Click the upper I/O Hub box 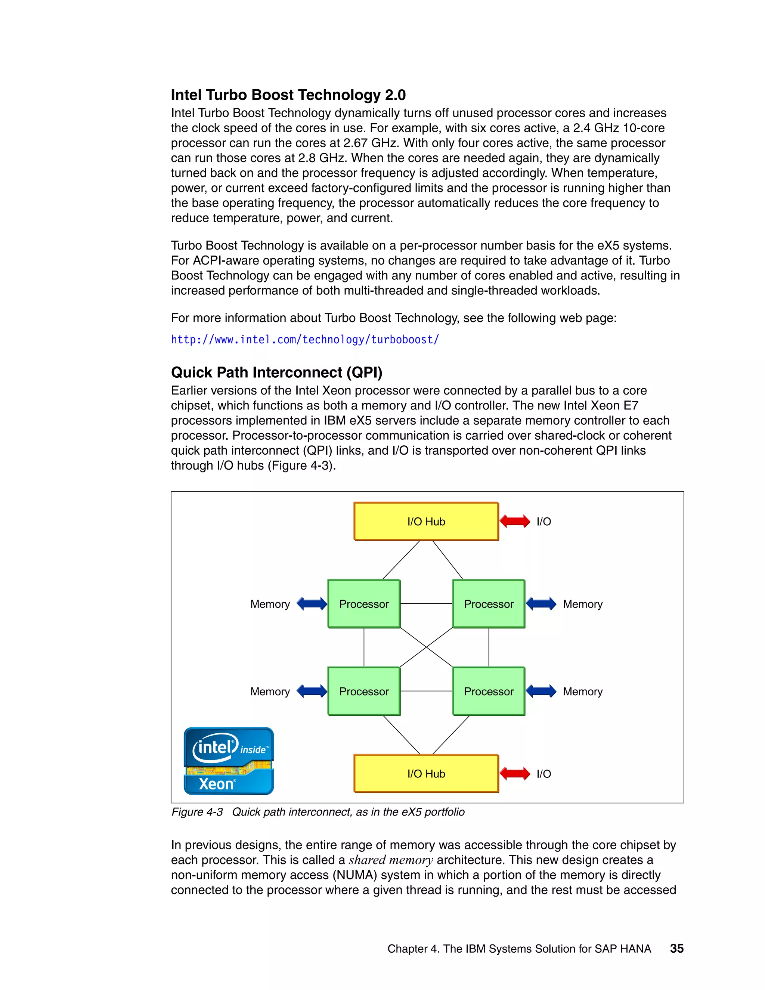coord(426,521)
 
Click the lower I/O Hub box coord(426,773)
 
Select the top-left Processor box coord(364,603)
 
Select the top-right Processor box coord(489,603)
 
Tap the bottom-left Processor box coord(364,691)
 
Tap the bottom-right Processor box coord(489,691)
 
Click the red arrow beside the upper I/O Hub coord(515,521)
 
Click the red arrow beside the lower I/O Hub coord(515,773)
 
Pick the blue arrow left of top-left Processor coord(312,603)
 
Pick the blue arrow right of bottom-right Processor coord(541,691)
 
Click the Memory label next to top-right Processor coord(582,604)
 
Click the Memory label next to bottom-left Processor coord(270,691)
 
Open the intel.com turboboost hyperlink coord(304,340)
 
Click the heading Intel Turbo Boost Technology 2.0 coord(288,95)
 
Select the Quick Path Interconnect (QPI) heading coord(276,372)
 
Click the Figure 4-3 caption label coord(197,811)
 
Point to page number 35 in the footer coord(676,948)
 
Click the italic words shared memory coord(391,860)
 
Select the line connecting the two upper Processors coord(426,603)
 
